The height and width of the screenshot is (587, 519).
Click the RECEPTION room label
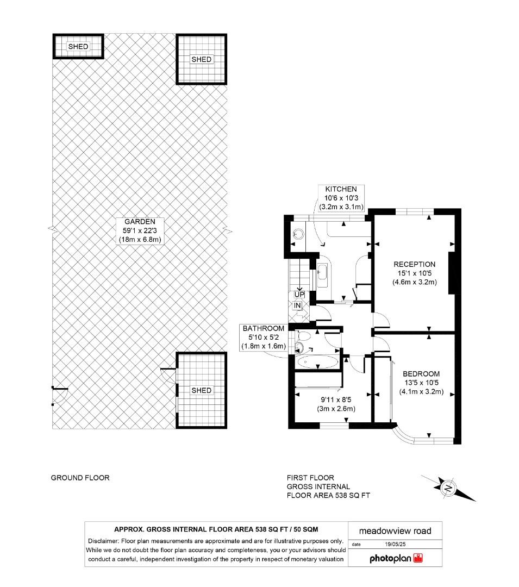click(x=414, y=264)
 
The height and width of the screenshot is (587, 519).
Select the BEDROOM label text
click(x=421, y=374)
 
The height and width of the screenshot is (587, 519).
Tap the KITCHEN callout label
click(x=341, y=189)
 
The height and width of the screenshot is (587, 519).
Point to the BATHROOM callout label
click(x=264, y=328)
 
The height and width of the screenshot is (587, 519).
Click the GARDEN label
click(x=140, y=221)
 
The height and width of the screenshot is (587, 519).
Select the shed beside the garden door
click(x=202, y=390)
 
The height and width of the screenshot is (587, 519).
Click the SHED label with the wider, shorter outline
click(x=78, y=47)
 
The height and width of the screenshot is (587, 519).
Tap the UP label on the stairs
click(x=299, y=295)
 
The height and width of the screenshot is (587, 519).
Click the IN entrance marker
click(x=298, y=306)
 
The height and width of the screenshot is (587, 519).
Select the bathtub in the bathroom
click(x=318, y=362)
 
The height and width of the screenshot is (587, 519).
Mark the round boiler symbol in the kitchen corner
click(x=297, y=233)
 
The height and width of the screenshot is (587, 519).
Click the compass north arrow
click(x=449, y=488)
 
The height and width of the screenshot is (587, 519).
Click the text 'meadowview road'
click(x=395, y=531)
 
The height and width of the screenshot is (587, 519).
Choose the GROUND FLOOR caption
click(x=80, y=478)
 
